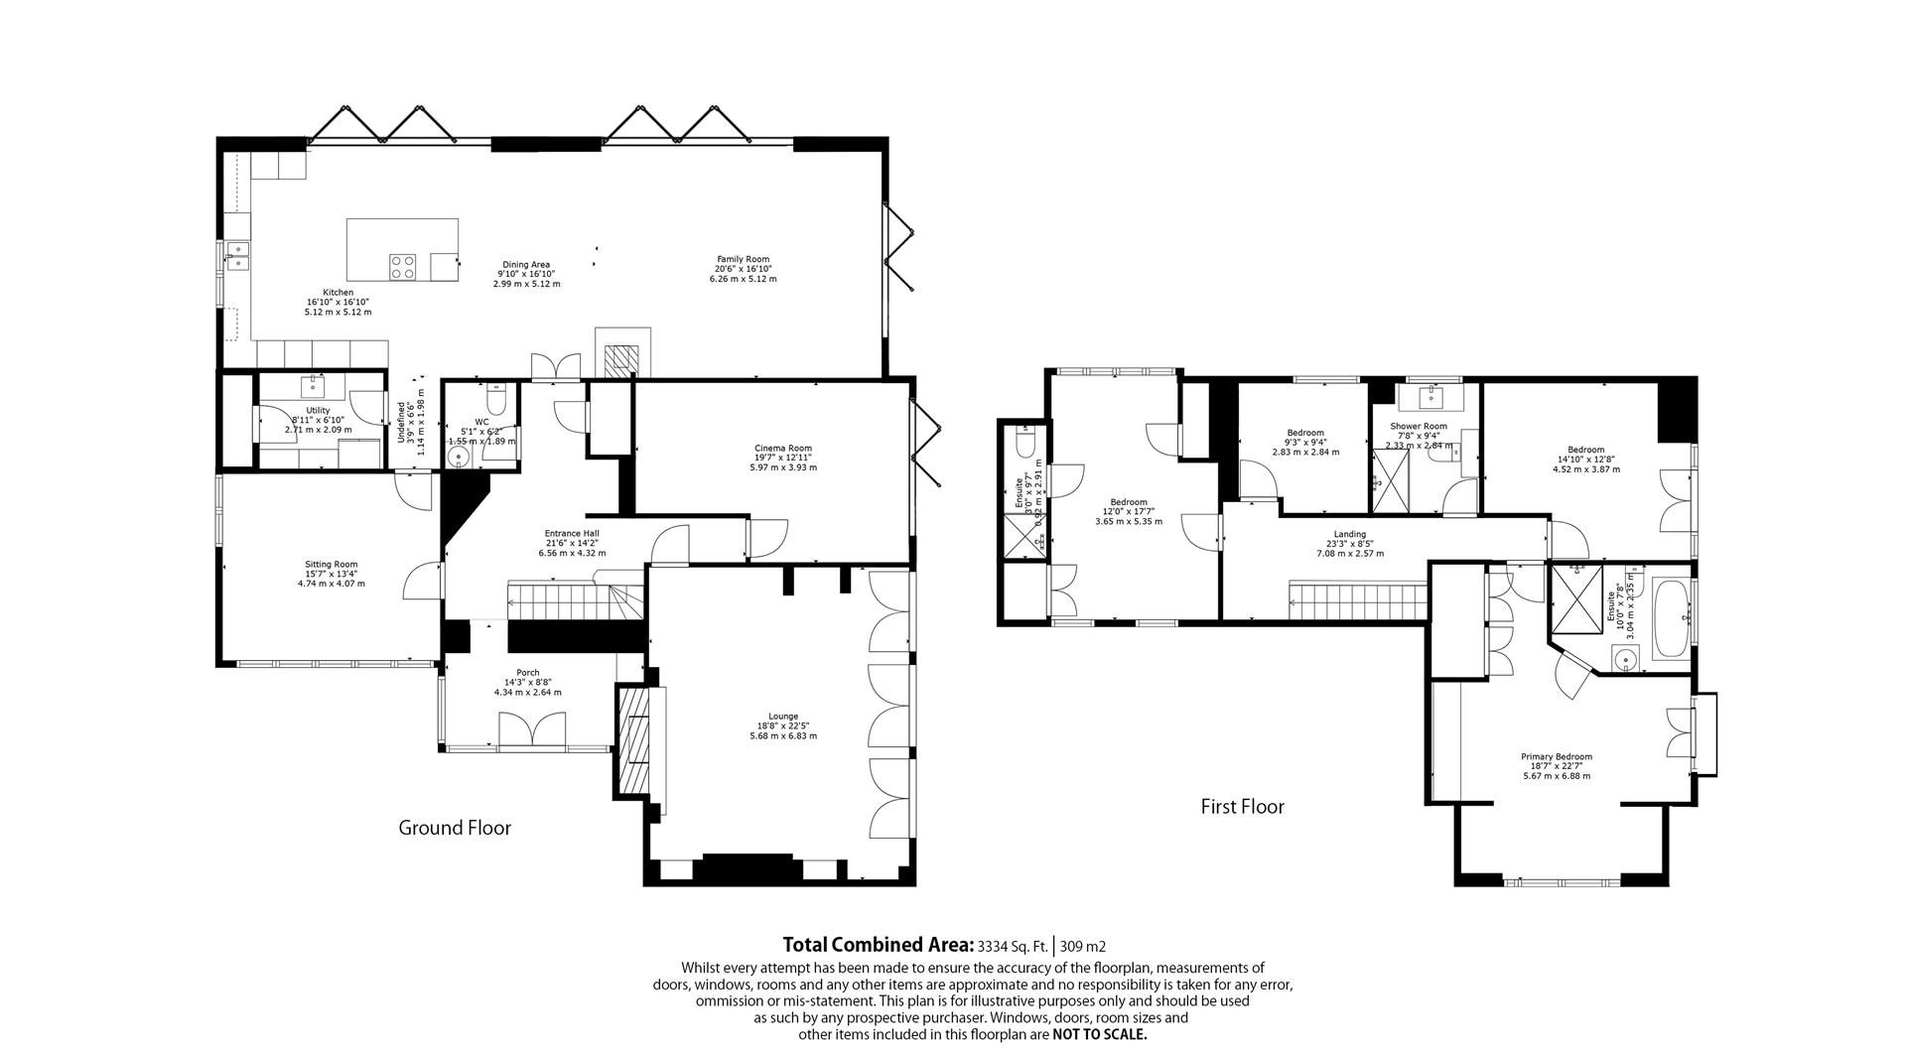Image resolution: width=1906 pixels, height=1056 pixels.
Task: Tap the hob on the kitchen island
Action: (x=403, y=266)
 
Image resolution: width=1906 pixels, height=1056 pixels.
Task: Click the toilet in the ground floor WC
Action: (x=497, y=399)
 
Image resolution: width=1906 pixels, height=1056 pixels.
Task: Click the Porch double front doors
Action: (x=532, y=731)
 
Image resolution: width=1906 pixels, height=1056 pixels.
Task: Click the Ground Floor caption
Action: (x=455, y=828)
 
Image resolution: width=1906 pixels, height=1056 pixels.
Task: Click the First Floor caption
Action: (x=1242, y=807)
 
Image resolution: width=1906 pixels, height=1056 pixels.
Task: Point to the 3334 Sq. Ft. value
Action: (x=1013, y=946)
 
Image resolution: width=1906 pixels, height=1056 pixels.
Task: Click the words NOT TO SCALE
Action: (x=1099, y=1034)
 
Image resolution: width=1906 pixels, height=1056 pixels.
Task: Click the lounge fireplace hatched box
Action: (x=632, y=739)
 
